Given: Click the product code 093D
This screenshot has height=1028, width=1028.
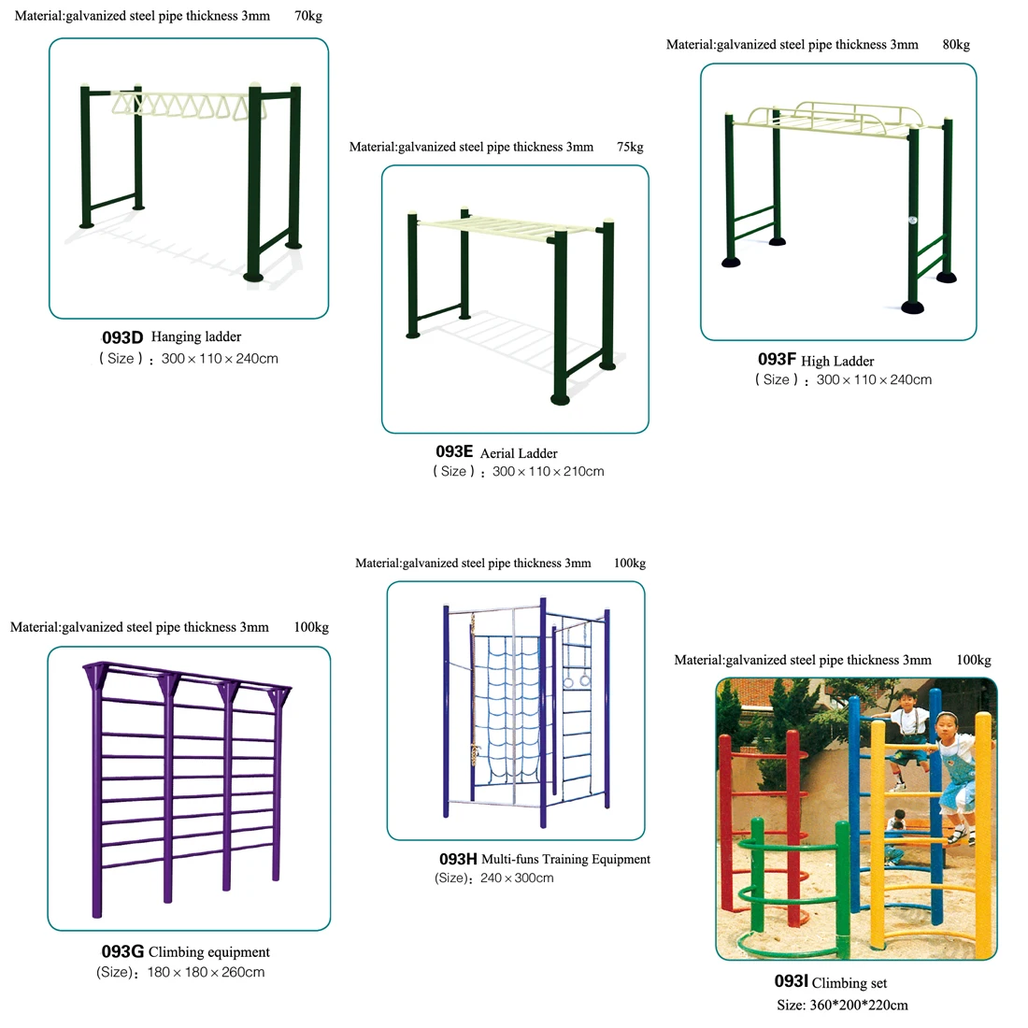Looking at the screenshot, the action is (x=121, y=337).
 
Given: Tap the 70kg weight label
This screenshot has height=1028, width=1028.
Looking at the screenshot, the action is (x=308, y=16).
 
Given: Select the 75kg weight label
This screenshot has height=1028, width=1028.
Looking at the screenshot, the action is (x=630, y=147).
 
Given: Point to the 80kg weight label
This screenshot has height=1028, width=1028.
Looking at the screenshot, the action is (x=956, y=45).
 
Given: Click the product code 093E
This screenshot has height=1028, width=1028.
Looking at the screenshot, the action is (x=454, y=451).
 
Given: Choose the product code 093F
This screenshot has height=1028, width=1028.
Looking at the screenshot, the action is (x=777, y=359).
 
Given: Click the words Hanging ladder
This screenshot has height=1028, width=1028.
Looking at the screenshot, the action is (x=196, y=337).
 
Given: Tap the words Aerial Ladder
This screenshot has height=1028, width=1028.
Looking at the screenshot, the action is (x=519, y=453).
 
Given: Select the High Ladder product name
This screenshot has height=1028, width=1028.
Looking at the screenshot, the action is (x=837, y=362).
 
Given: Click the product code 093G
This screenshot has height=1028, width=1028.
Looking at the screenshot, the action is (x=122, y=951).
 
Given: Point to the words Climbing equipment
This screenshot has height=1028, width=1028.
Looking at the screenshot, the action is (x=209, y=952).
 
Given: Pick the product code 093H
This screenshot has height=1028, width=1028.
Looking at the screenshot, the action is (x=458, y=859).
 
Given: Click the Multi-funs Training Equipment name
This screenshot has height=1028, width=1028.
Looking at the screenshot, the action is (x=565, y=859).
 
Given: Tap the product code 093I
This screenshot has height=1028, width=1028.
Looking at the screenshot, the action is (x=791, y=981).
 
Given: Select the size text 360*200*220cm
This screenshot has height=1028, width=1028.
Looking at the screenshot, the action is (x=859, y=1005).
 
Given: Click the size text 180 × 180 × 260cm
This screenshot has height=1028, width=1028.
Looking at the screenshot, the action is (x=206, y=972).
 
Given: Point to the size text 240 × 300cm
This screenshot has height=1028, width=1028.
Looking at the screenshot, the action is (x=517, y=878).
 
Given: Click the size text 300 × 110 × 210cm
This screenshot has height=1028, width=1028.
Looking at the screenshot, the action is (x=548, y=471).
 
